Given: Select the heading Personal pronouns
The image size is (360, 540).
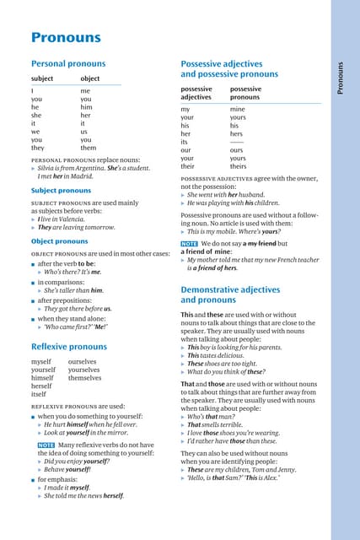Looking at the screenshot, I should (x=68, y=63).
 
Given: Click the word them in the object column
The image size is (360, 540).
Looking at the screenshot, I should (x=89, y=148).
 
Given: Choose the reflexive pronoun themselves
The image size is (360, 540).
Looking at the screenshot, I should (x=84, y=377).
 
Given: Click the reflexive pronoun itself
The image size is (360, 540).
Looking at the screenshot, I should (x=39, y=394).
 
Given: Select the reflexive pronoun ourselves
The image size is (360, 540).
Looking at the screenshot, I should (x=83, y=361).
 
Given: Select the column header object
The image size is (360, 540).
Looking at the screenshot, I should (x=89, y=78).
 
